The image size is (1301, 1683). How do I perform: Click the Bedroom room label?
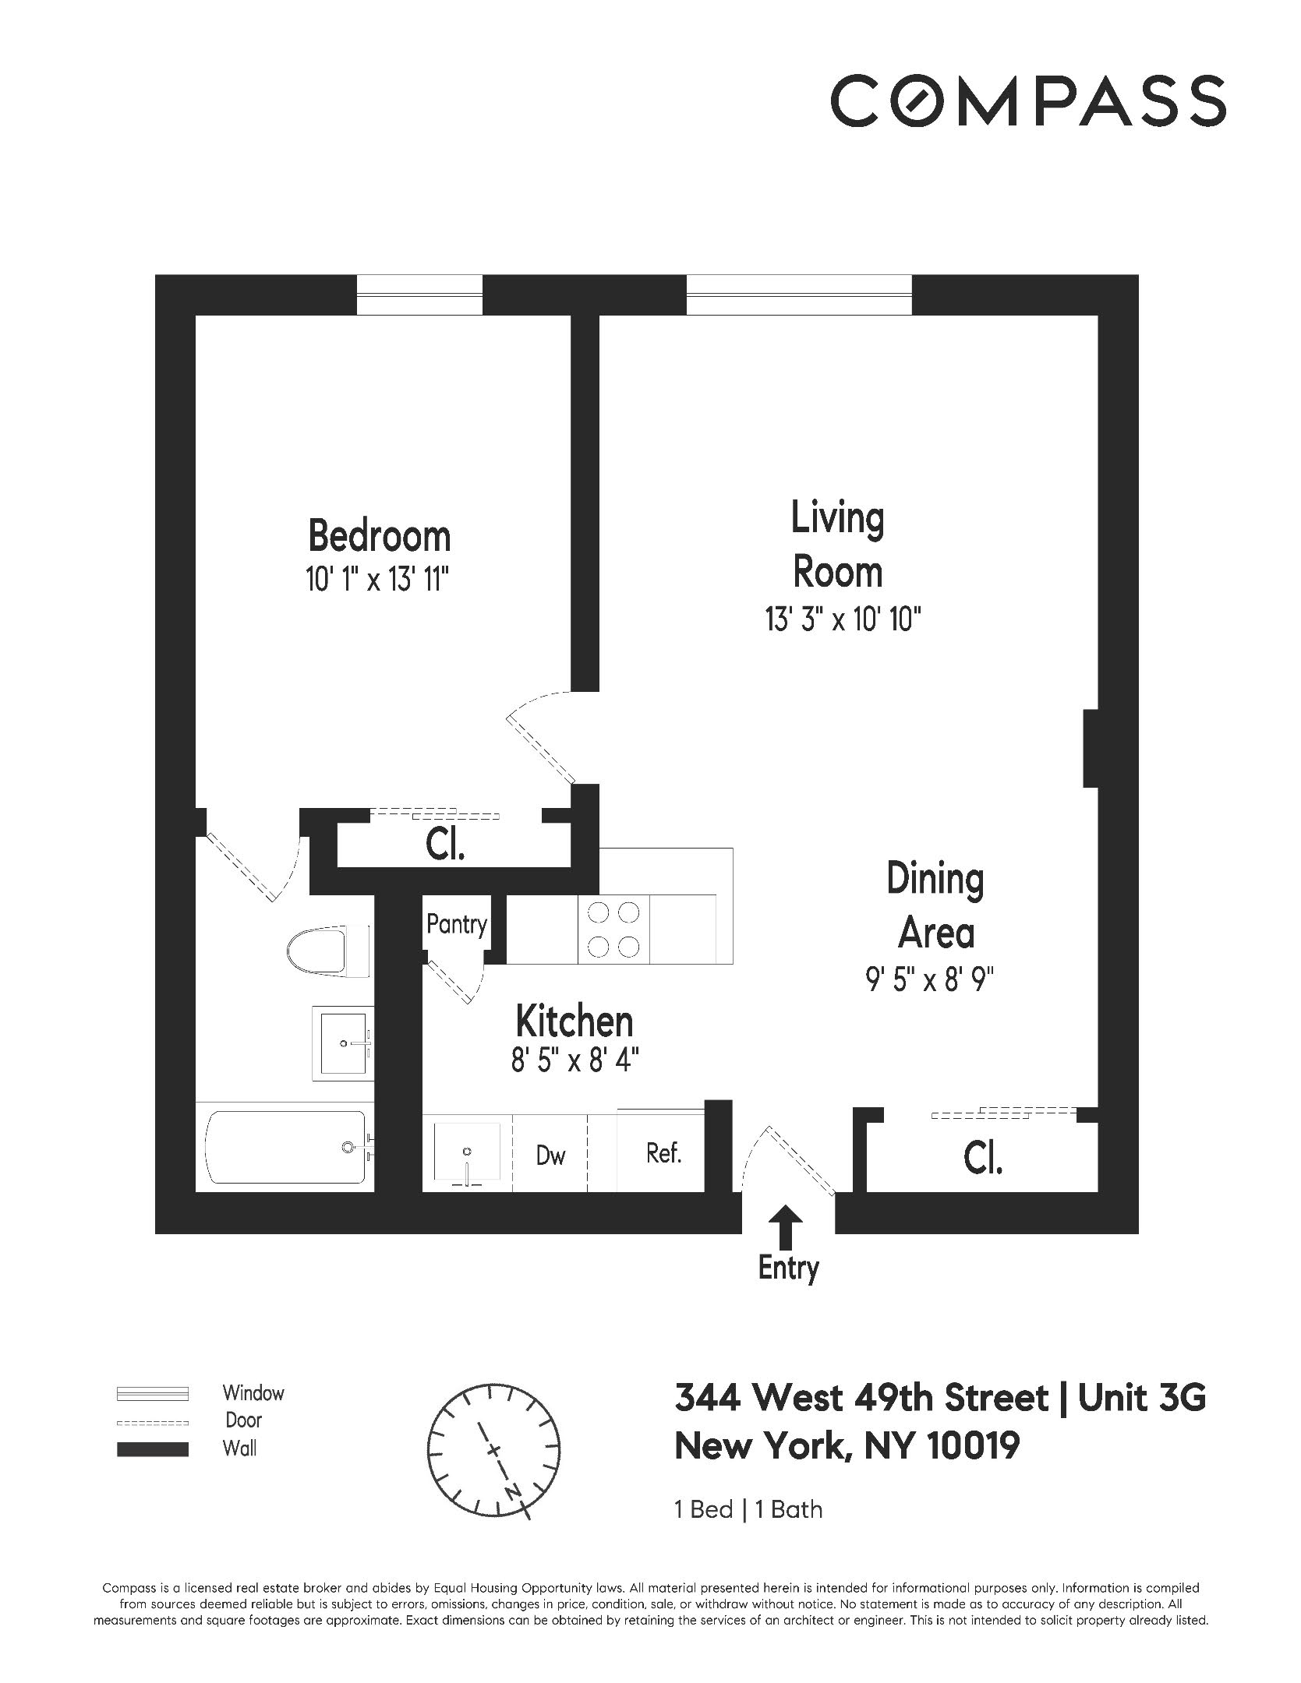point(379,536)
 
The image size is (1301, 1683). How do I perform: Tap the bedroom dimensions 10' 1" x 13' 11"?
point(379,580)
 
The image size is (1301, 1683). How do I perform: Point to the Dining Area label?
point(935,906)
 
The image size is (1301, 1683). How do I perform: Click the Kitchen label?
point(574,1021)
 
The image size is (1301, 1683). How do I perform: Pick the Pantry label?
point(456,924)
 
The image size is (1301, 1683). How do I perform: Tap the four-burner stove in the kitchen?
point(613,929)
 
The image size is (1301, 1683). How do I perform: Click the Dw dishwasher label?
point(550,1155)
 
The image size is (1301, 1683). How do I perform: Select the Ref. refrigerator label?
point(663,1152)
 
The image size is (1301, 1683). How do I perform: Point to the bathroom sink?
point(343,1043)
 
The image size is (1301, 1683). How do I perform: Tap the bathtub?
point(285,1146)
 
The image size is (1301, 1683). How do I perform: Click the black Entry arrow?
point(788,1226)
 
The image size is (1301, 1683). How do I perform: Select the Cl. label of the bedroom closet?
point(445,846)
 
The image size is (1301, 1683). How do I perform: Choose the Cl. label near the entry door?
point(982,1160)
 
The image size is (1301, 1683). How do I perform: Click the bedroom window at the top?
point(419,295)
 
